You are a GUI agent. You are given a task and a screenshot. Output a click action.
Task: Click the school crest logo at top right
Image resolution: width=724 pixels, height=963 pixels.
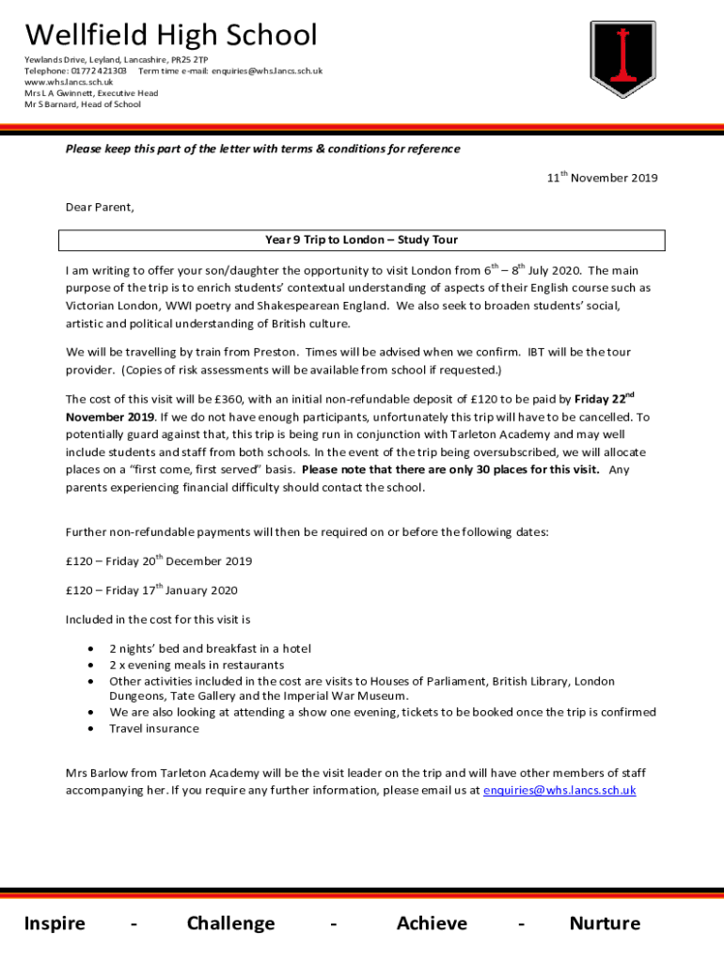pos(622,65)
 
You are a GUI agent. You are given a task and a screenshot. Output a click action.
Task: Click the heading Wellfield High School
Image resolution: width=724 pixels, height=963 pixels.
pos(171,36)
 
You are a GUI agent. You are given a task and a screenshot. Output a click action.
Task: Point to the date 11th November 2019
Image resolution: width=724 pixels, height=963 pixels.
pos(603,178)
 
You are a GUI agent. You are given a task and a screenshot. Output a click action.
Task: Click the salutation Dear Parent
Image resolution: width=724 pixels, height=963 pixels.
pos(100,207)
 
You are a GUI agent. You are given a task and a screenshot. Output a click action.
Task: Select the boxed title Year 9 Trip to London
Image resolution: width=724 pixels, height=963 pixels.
pos(362,240)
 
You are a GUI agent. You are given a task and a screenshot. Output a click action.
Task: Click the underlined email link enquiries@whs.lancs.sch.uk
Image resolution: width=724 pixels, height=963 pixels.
pos(559,790)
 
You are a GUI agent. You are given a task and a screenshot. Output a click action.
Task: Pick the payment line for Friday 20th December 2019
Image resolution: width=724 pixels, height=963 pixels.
pos(158,561)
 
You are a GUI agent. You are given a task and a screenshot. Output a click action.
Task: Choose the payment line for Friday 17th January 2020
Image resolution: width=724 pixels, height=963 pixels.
pos(151,591)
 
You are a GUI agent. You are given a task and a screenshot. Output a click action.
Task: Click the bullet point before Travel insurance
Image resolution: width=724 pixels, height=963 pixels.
pos(89,729)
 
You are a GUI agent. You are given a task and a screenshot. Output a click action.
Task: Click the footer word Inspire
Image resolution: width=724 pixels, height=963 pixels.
pos(55,924)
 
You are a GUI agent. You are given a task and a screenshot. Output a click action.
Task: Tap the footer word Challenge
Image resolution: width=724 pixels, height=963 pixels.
pos(230,924)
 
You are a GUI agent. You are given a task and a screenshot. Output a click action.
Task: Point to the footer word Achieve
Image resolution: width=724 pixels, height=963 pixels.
pos(432,924)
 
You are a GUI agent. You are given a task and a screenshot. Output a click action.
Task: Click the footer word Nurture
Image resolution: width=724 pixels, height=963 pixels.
pos(605,924)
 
